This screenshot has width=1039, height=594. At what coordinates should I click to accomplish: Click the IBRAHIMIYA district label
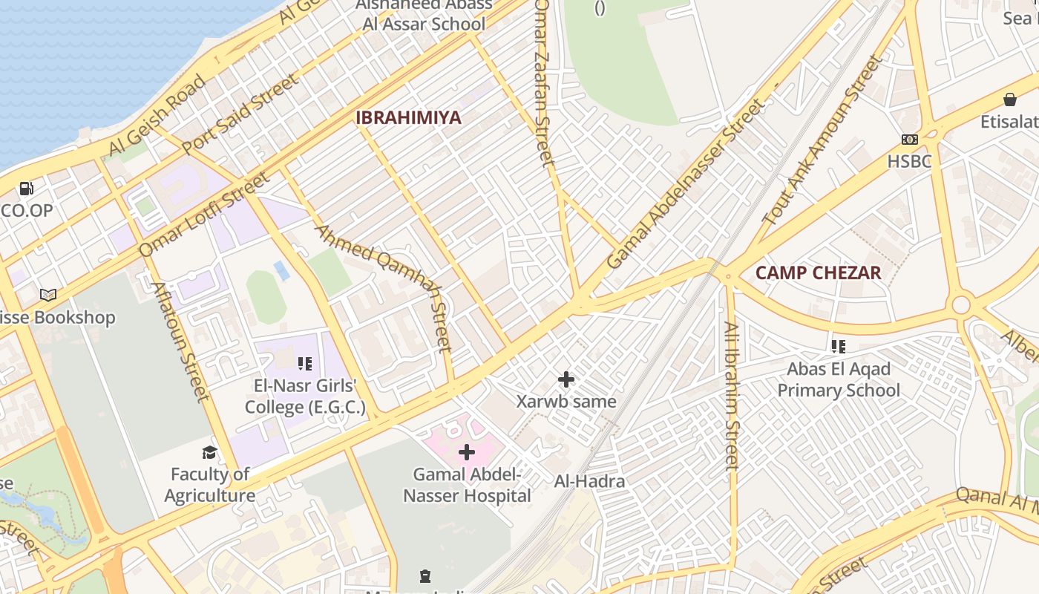(x=408, y=117)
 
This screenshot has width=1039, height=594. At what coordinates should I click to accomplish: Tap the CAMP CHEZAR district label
(x=818, y=272)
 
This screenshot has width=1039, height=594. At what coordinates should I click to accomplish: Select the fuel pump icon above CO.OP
(x=27, y=189)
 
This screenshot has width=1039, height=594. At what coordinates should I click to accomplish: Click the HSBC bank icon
(x=909, y=140)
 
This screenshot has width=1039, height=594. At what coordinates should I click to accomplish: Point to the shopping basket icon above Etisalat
(x=1009, y=99)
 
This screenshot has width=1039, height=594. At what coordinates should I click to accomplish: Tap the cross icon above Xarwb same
(x=566, y=380)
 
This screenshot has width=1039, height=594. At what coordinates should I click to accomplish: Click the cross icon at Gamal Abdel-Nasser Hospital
(x=467, y=451)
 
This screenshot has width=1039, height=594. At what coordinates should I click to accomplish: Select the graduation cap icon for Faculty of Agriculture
(x=210, y=452)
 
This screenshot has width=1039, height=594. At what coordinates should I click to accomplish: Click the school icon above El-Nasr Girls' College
(x=304, y=364)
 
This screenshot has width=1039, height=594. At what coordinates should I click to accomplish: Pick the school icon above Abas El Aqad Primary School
(x=839, y=346)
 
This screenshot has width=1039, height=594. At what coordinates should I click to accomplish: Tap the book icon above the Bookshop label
(x=48, y=296)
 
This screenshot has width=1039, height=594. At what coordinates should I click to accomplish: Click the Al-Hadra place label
(x=589, y=481)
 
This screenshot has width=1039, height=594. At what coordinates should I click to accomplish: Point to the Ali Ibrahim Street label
(x=732, y=395)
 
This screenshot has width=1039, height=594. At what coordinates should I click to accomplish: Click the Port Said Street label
(x=240, y=113)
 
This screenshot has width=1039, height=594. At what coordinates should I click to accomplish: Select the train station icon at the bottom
(x=425, y=575)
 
